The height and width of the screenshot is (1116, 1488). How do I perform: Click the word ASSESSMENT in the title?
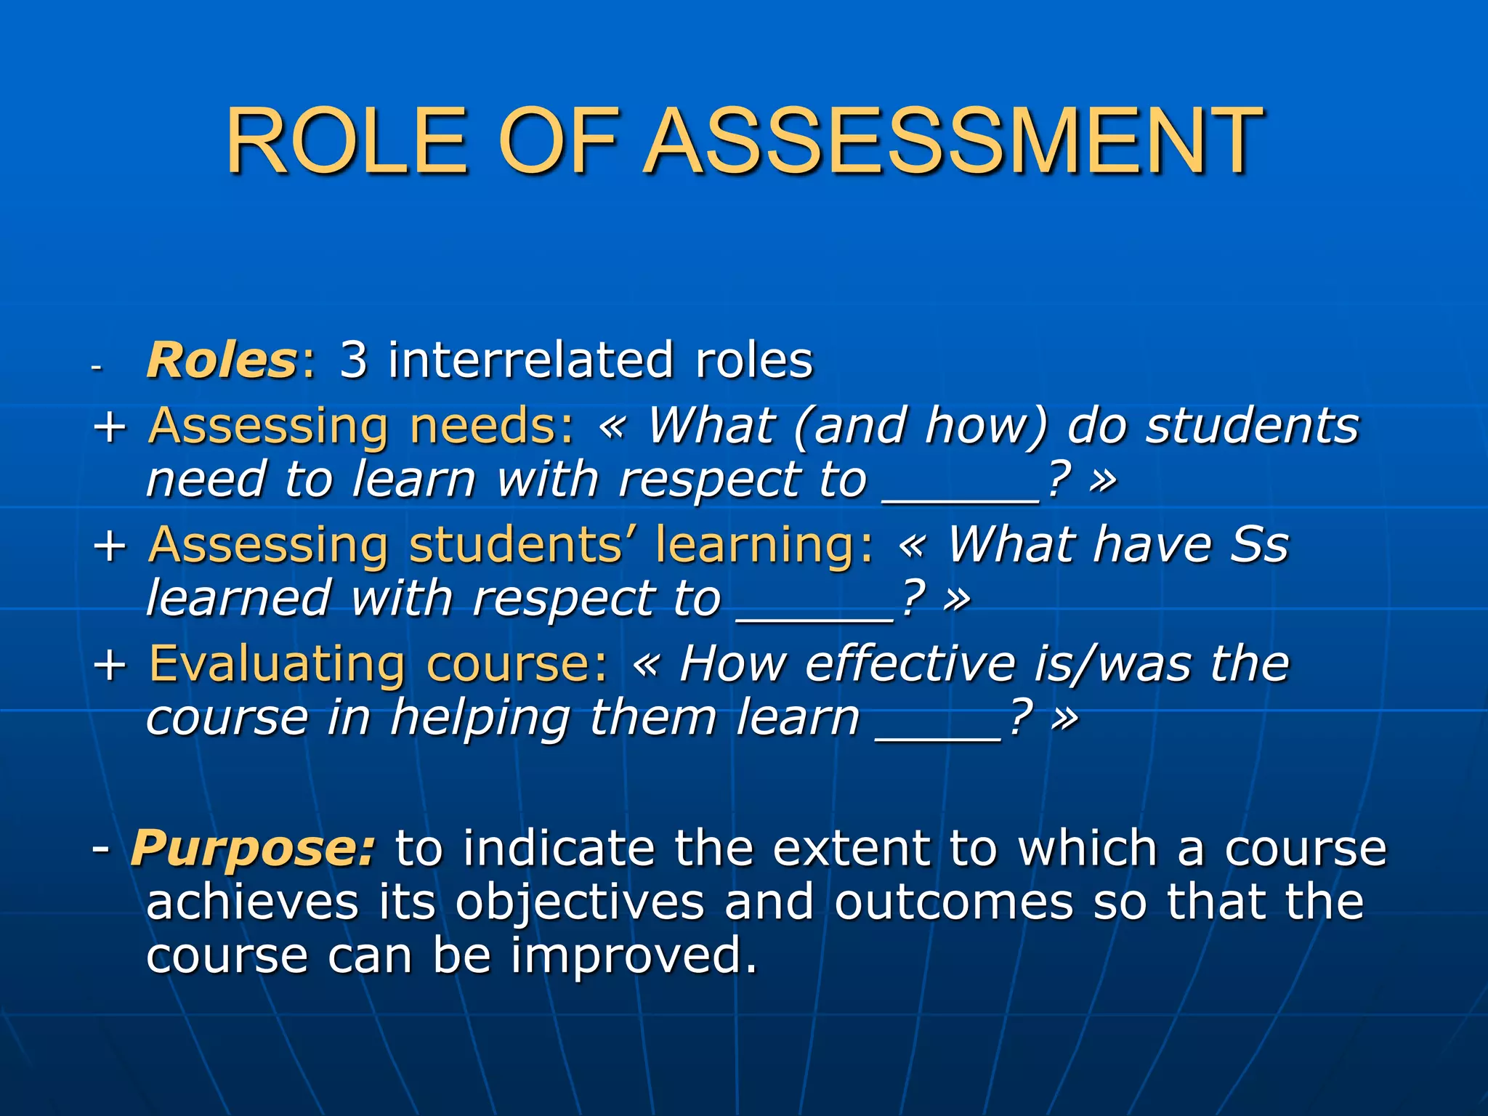click(x=953, y=141)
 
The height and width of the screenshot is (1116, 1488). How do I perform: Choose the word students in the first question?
click(x=1252, y=426)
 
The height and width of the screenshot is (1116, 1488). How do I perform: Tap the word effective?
click(x=910, y=664)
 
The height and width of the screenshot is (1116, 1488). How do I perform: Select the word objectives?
click(x=580, y=903)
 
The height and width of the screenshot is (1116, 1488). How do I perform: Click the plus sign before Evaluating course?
click(x=110, y=664)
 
